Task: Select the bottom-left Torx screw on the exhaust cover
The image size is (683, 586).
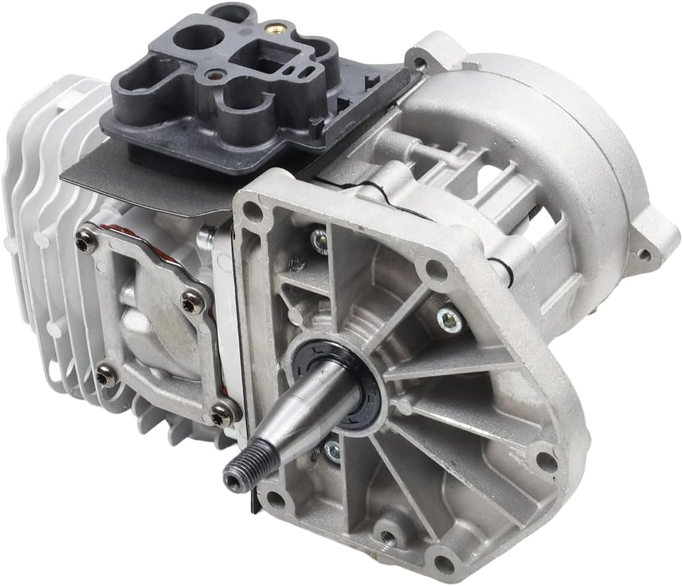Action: click(x=105, y=376)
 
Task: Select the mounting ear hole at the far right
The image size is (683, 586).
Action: click(x=644, y=253)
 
